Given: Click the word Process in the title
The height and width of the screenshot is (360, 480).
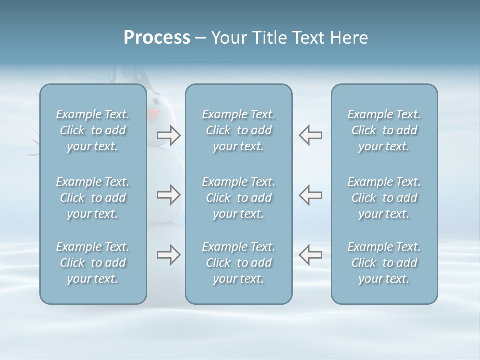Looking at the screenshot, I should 157,38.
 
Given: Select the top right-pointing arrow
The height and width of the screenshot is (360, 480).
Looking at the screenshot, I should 168,135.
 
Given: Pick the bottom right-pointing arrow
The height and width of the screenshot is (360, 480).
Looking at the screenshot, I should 168,254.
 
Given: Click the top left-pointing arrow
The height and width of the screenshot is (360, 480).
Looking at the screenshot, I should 310,135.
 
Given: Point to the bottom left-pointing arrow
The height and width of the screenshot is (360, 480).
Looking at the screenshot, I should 310,254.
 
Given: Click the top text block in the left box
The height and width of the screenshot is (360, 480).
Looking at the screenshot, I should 93,130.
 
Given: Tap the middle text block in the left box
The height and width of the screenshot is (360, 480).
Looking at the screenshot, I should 93,198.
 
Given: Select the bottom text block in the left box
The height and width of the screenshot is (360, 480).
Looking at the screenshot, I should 93,263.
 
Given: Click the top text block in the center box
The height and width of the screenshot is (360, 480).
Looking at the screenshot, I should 238,130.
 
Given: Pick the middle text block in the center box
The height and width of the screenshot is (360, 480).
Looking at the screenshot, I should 238,198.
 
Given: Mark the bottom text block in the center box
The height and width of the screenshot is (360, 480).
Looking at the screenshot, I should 238,263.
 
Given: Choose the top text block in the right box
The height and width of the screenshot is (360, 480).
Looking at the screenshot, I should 384,130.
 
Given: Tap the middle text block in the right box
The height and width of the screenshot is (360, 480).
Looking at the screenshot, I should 384,198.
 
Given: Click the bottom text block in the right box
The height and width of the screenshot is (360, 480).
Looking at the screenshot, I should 384,263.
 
